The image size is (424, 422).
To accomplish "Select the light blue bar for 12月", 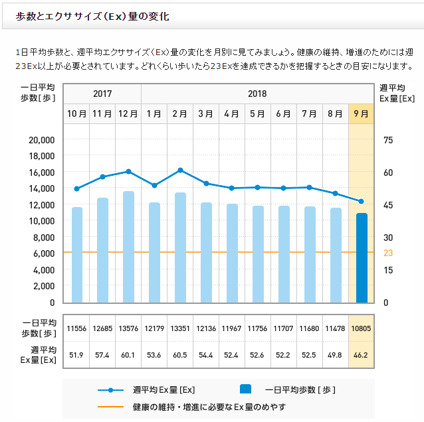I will click(x=128, y=247).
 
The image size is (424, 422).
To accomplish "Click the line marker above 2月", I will click(x=180, y=171).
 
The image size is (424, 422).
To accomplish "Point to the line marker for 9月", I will click(x=362, y=202).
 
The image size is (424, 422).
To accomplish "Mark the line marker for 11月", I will click(x=103, y=176).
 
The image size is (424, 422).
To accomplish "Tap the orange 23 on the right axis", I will click(x=388, y=253).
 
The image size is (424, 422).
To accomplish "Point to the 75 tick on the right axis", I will click(x=388, y=140).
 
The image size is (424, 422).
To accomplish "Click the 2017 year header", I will click(x=102, y=94).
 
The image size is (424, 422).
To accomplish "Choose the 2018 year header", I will click(x=257, y=94).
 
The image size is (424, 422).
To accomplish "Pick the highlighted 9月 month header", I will click(x=362, y=113).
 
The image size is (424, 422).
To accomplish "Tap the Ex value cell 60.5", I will click(x=180, y=355).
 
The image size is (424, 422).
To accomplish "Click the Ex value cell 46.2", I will click(x=362, y=355).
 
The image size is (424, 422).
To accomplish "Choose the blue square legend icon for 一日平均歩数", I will click(x=245, y=390).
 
